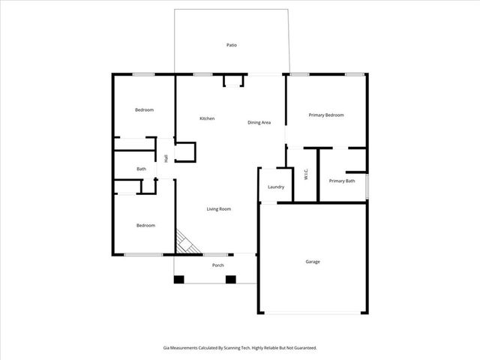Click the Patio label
[232, 46]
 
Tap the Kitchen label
[207, 118]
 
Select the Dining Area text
[259, 122]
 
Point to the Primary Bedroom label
[326, 115]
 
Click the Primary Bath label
[341, 181]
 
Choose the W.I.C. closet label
[305, 175]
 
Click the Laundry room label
[275, 187]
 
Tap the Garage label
[313, 262]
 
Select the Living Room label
[218, 208]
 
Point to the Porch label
[218, 265]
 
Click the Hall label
[166, 158]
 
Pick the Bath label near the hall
[141, 169]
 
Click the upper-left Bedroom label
[144, 110]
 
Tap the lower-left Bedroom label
[145, 225]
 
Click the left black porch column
[178, 280]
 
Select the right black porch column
[231, 280]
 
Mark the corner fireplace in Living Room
[185, 243]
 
